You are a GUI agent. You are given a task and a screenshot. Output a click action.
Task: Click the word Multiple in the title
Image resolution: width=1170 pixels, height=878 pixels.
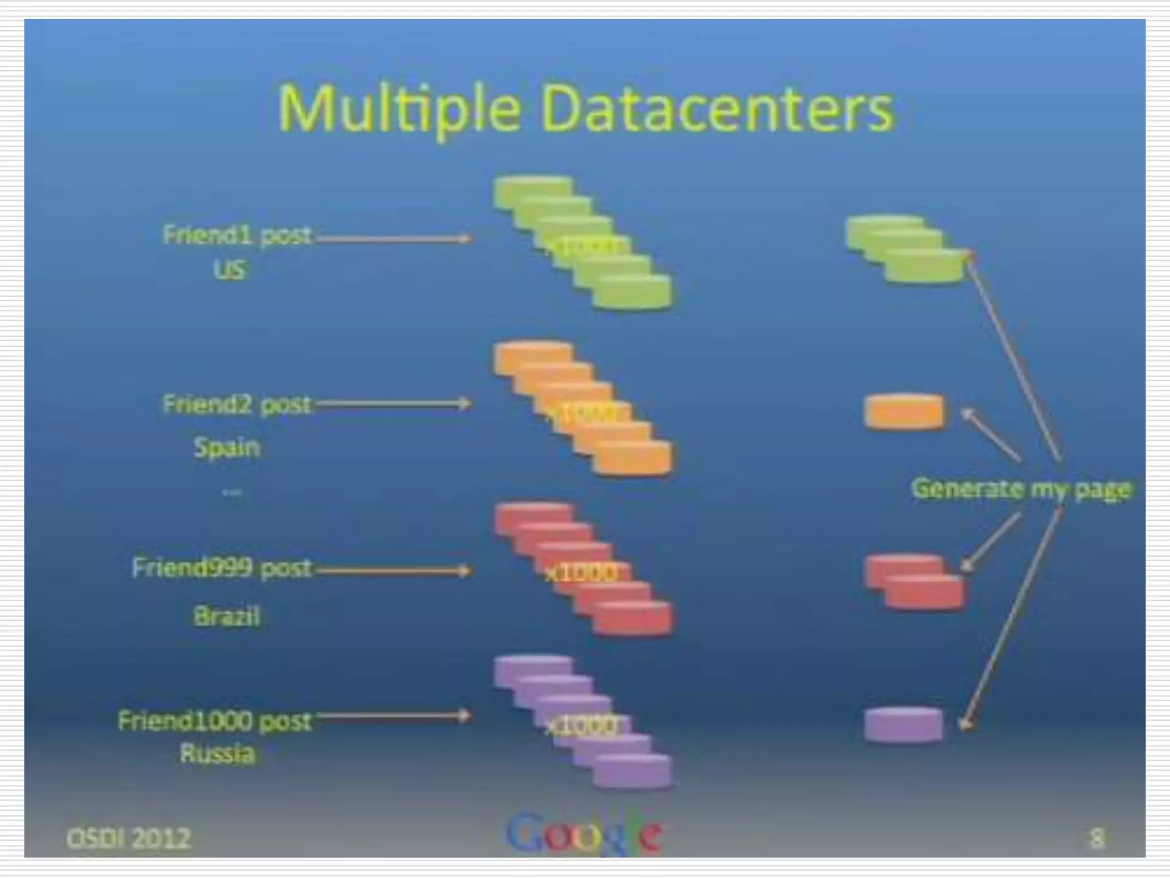[x=399, y=109]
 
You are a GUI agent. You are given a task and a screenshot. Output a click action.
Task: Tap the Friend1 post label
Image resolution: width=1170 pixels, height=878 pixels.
[x=237, y=235]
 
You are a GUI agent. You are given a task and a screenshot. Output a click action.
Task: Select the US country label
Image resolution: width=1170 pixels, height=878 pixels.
[x=230, y=269]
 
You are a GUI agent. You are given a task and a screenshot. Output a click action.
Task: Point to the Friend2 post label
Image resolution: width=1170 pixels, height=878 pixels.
[x=237, y=404]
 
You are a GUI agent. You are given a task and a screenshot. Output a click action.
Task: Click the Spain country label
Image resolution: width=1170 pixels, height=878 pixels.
[x=227, y=447]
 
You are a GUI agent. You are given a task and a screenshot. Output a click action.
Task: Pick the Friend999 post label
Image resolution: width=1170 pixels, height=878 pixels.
[x=222, y=568]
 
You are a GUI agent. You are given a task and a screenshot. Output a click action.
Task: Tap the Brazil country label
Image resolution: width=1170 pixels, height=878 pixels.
[x=227, y=616]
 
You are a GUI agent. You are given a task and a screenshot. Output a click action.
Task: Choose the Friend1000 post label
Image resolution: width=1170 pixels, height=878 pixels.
[x=215, y=721]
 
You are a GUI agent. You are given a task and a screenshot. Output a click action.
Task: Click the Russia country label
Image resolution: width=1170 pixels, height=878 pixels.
[x=218, y=753]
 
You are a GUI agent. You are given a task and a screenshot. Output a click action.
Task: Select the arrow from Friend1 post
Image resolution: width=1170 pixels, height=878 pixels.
[x=394, y=238]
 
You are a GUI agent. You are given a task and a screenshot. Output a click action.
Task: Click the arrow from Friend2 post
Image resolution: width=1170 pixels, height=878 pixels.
[x=394, y=404]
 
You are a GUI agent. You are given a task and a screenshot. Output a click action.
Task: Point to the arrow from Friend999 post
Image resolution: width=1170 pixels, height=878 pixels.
[x=394, y=570]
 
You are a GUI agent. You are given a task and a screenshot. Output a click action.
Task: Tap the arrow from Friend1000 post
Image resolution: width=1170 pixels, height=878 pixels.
[x=394, y=716]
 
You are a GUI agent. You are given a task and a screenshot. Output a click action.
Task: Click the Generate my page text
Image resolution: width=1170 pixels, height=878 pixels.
[x=1021, y=489]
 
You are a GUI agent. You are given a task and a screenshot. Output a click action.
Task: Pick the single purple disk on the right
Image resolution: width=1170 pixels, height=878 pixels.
[x=903, y=725]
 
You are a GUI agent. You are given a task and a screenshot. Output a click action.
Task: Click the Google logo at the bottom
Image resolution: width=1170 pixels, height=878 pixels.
[x=584, y=835]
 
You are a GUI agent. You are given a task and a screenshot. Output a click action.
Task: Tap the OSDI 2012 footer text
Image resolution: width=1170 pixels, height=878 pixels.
[x=129, y=839]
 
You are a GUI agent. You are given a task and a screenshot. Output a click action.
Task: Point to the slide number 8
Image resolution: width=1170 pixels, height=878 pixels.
[x=1096, y=839]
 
